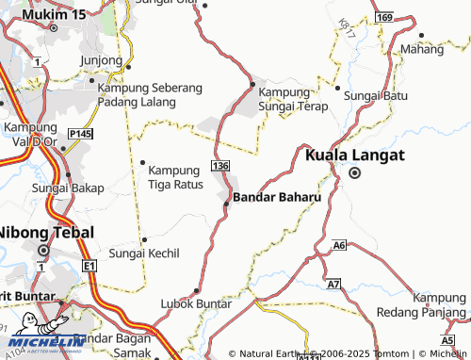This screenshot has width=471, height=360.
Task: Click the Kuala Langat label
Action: tap(353, 154)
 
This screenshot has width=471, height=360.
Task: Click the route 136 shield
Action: tap(221, 166)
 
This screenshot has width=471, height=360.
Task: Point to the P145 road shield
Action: tap(80, 136)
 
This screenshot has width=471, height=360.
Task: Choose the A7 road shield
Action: tap(333, 284)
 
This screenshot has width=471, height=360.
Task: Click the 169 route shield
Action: tap(382, 17)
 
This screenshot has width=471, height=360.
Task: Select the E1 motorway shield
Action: tap(89, 268)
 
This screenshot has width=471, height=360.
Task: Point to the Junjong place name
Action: tap(103, 60)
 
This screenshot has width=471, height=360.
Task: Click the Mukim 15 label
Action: tap(53, 16)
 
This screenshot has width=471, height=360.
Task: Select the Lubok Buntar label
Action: tap(196, 303)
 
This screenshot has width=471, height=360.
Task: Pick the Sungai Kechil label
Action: tap(144, 254)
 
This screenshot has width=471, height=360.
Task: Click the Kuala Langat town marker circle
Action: tap(355, 173)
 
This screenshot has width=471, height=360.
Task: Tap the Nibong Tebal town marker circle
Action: tap(43, 251)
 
